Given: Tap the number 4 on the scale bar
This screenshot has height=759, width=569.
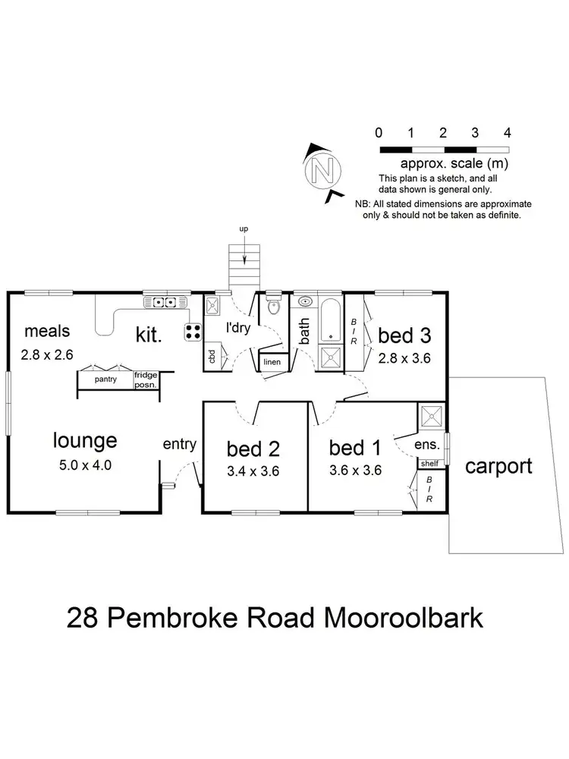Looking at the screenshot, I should [508, 132].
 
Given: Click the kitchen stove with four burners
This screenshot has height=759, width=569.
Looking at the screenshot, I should [193, 331].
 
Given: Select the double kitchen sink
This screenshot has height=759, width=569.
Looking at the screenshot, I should [161, 303].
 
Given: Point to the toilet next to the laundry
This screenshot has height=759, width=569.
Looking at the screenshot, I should [273, 308].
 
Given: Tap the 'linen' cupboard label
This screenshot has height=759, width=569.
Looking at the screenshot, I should [272, 362].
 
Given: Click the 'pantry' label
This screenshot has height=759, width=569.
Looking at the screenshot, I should [105, 379].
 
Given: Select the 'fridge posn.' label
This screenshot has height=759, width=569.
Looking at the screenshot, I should [145, 379].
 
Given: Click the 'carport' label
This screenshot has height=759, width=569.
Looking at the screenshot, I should [498, 465].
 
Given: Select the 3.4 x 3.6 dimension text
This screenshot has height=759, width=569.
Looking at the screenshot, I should [254, 471].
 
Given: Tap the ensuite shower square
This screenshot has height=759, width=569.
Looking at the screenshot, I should [432, 416].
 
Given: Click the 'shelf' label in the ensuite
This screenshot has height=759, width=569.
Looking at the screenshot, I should [429, 462].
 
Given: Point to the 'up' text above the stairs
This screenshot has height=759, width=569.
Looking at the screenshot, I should [244, 228].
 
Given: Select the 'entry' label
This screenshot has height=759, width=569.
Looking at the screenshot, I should [180, 444].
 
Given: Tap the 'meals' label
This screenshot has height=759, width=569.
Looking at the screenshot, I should [47, 331].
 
